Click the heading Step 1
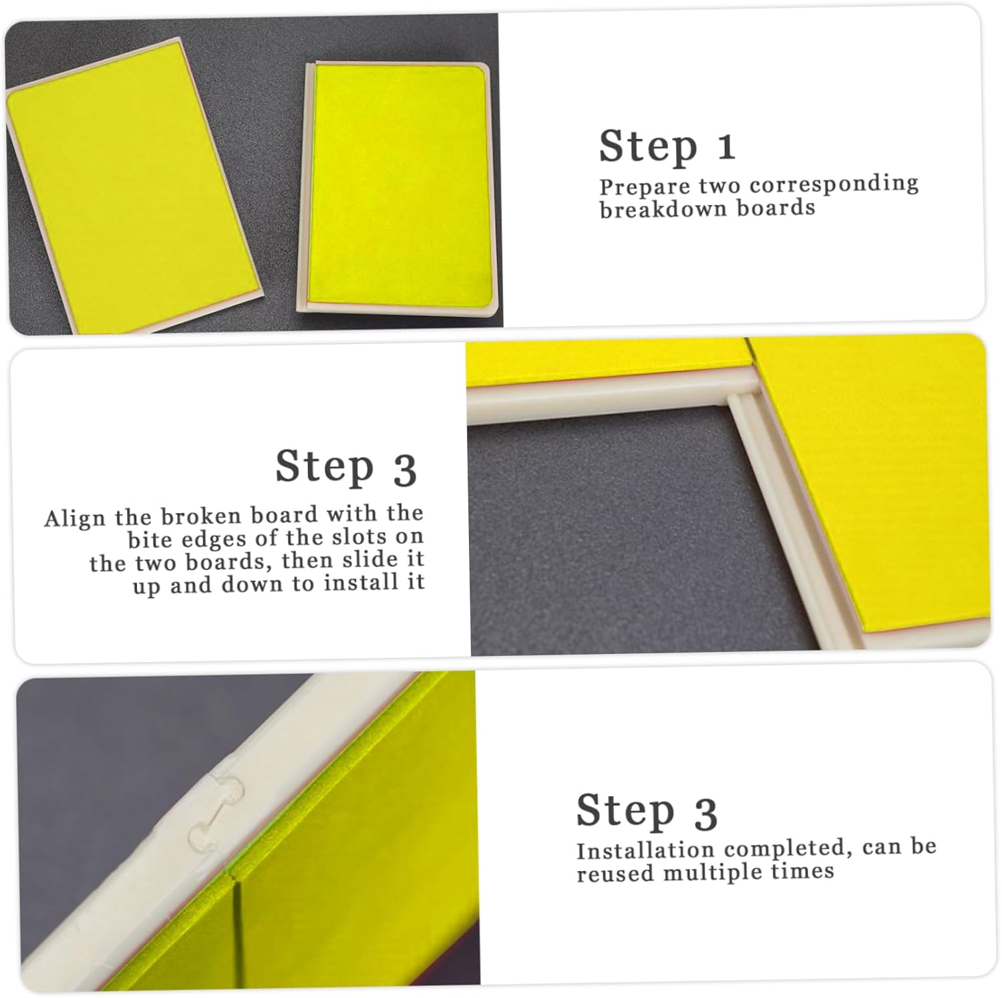pos(667,146)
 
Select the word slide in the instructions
pos(361,560)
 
